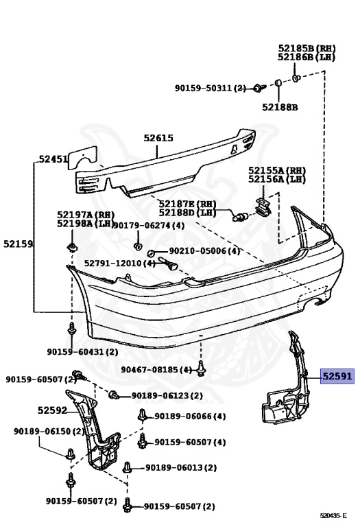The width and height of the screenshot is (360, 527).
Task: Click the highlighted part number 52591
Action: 337,376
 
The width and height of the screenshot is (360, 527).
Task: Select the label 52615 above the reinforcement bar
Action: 158,138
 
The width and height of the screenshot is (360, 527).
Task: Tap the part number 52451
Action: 53,159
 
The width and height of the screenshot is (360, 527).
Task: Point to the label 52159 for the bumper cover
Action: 18,244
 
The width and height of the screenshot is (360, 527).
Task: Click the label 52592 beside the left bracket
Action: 52,410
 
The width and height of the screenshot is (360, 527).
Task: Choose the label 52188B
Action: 280,107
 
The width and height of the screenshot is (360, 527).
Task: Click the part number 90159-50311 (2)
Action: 211,88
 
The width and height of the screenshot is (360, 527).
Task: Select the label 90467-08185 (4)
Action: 156,370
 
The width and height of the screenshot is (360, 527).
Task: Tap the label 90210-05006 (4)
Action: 204,250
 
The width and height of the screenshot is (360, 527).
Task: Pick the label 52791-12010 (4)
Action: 120,263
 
